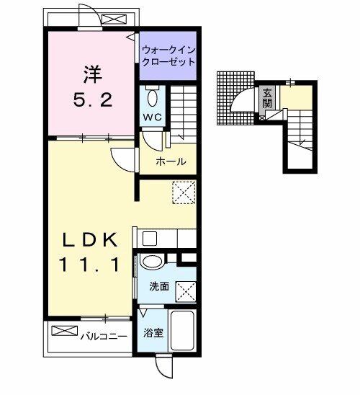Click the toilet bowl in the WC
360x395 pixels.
152,98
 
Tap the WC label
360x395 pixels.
152,117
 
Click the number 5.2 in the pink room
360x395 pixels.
93,99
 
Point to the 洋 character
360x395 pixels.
93,74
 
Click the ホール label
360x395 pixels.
171,161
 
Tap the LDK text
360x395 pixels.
90,239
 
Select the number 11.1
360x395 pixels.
89,265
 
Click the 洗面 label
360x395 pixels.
159,286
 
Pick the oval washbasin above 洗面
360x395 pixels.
152,261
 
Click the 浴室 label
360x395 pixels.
153,333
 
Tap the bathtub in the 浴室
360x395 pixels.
183,330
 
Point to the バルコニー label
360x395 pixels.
104,337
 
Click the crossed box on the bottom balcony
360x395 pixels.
64,331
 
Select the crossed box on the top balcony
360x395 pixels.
114,19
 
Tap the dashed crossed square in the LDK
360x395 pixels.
184,192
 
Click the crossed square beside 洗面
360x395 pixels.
186,291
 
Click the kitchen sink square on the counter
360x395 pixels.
150,239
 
